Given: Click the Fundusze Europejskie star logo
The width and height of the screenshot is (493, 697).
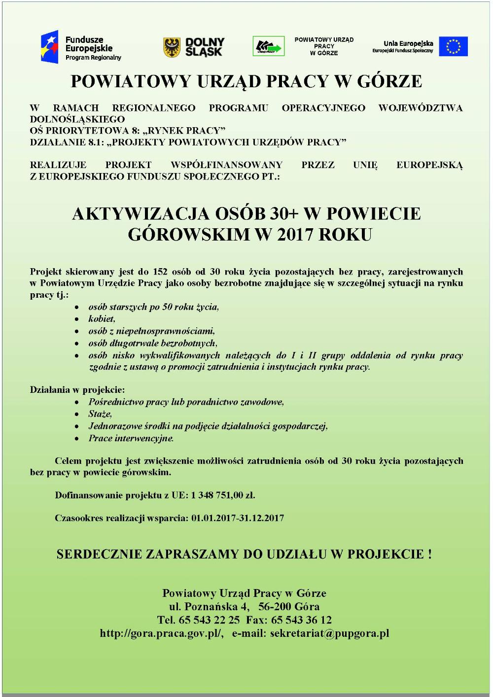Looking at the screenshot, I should click(50, 47).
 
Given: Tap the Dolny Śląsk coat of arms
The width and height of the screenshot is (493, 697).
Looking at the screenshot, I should click(172, 47).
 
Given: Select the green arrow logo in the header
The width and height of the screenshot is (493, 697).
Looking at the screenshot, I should click(268, 47).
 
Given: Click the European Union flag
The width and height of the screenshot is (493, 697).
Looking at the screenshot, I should click(453, 46).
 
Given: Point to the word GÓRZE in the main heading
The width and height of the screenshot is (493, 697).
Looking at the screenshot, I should click(389, 81).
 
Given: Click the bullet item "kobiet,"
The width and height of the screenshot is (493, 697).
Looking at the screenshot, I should click(102, 319).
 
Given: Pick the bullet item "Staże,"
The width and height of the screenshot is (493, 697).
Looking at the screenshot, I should click(100, 414).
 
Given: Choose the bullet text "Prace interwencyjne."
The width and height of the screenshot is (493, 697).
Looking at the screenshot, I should click(131, 438).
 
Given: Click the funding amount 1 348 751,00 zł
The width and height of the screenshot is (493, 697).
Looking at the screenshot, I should click(223, 495).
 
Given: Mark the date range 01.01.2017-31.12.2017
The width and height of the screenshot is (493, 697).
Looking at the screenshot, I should click(238, 518).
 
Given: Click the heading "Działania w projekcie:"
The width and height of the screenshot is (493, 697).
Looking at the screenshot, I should click(77, 390).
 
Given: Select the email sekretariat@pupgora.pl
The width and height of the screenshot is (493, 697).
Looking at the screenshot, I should click(329, 633).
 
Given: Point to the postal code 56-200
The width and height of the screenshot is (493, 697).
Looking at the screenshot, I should click(275, 606).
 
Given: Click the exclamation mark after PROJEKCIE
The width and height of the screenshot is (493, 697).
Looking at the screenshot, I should click(430, 554).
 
